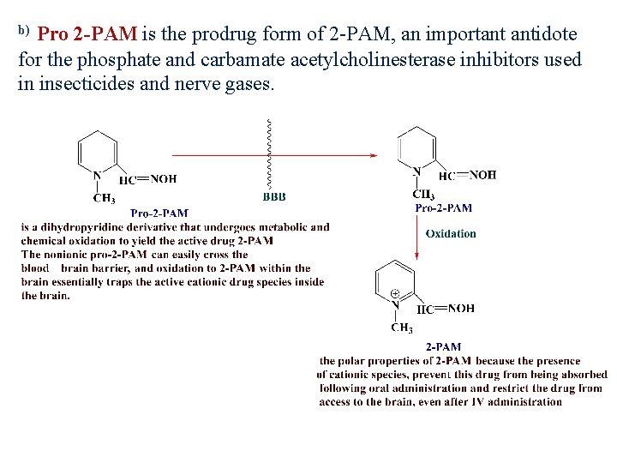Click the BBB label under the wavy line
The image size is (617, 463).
point(274,196)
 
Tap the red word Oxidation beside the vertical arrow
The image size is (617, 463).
point(451,233)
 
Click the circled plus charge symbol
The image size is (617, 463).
point(395,293)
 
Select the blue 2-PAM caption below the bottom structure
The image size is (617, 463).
point(444,347)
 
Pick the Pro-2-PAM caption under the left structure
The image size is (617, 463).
point(159,213)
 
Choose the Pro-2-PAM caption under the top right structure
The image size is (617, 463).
point(443,207)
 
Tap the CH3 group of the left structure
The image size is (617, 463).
point(104,199)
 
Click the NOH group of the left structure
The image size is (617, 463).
point(163,179)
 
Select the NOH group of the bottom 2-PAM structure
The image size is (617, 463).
point(460,309)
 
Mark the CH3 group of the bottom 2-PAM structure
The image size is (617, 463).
point(402,328)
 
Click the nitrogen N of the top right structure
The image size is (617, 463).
point(416,171)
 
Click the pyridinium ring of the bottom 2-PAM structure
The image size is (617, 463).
point(394,280)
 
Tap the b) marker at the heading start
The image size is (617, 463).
point(24,32)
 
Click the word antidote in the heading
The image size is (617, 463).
point(544,34)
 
